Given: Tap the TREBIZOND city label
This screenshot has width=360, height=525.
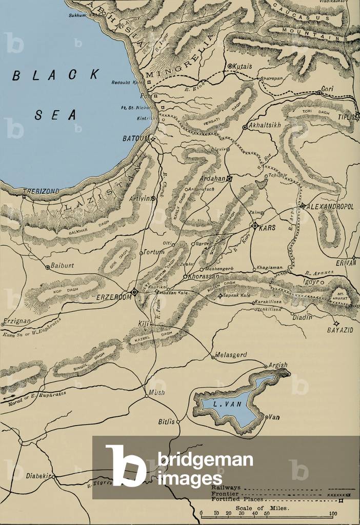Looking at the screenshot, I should coord(40,191).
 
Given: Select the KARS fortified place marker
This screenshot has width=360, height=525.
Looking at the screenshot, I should coord(254,226).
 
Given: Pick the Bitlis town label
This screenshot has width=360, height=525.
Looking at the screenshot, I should coord(167,421).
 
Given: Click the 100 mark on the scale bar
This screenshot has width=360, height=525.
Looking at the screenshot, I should coord(333,513).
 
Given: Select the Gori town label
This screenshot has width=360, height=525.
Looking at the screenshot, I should coord(327,89).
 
